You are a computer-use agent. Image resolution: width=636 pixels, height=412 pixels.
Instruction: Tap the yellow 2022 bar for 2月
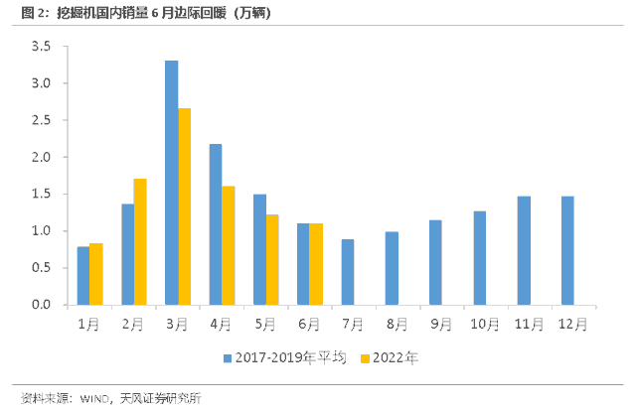point(140,241)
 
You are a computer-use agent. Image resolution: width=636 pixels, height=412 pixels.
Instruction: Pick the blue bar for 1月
point(83,275)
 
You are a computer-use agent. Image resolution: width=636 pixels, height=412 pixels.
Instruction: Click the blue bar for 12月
point(567,250)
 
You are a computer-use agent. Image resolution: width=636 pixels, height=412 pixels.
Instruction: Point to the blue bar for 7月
point(348,272)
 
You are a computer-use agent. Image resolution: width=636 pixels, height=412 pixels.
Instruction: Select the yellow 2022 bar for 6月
point(316,264)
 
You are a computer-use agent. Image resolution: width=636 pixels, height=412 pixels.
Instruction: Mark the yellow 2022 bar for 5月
point(272,259)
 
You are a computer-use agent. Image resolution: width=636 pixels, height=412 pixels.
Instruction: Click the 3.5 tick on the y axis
point(41,47)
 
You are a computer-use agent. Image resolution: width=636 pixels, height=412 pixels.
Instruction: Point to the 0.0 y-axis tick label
point(41,305)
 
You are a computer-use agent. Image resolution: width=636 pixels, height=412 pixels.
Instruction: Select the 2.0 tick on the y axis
point(41,157)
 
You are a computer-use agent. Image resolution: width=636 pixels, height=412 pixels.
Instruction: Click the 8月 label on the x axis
point(397,324)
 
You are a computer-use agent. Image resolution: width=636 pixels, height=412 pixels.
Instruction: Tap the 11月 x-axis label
point(530,324)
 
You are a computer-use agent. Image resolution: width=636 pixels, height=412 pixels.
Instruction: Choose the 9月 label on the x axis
point(441,324)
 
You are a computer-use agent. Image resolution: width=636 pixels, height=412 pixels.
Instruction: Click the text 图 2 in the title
point(23,13)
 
